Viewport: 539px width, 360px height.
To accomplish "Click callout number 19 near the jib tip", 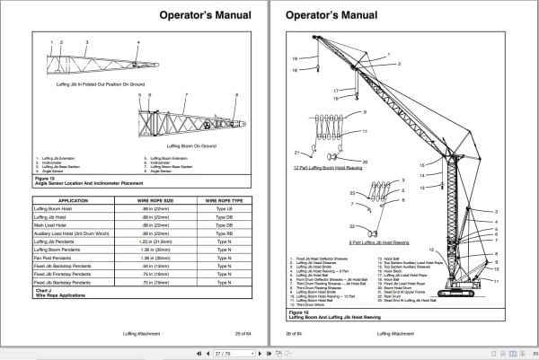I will [x=294, y=57].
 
